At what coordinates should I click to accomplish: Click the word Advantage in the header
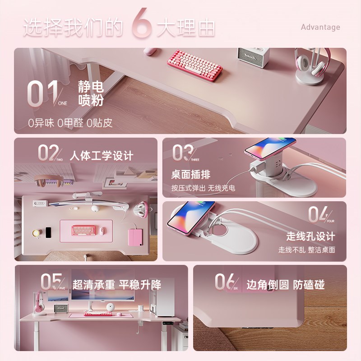pos(320,27)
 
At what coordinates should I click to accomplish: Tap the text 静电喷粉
pos(91,93)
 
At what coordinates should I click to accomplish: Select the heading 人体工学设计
pos(102,156)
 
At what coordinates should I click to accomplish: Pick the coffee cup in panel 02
pos(36,233)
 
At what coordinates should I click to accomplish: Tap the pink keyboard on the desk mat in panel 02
pos(84,230)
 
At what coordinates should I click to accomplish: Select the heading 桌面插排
pos(190,174)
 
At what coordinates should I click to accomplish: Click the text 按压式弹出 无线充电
pos(203,188)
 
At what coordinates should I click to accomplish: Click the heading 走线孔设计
pos(310,236)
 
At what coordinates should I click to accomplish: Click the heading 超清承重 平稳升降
pos(116,284)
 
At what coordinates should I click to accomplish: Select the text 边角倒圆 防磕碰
pos(285,285)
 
